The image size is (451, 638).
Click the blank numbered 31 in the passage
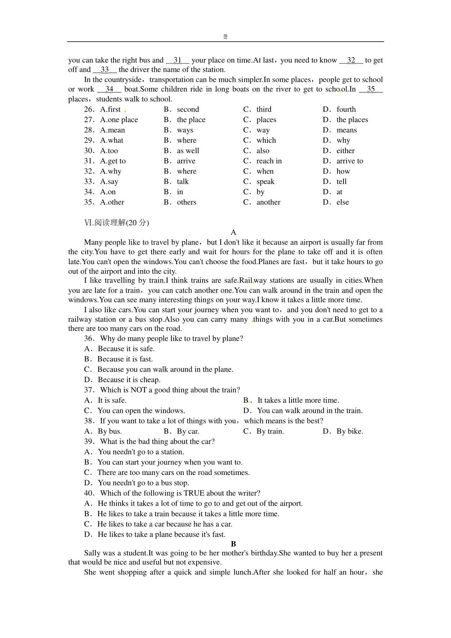[178, 60]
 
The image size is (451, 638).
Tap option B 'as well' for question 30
[188, 151]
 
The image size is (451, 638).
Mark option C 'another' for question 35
[268, 203]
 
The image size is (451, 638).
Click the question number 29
[89, 141]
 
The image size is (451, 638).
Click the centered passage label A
[233, 233]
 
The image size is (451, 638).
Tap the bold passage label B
[233, 544]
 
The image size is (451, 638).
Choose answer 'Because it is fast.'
[125, 359]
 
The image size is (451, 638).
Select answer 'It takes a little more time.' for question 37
[298, 401]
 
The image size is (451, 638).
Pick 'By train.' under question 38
[270, 431]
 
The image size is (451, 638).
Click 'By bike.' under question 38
[350, 431]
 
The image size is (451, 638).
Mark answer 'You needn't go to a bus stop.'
[143, 483]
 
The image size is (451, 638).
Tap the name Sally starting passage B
[92, 553]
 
